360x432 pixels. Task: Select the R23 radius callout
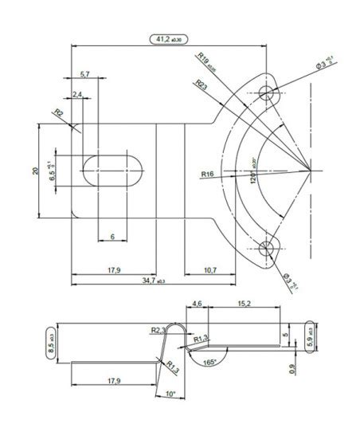coord(200,85)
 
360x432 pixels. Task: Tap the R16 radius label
coord(209,172)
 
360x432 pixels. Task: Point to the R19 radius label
coord(207,60)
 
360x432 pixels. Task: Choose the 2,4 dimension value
coord(77,95)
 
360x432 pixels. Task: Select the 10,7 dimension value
coord(209,270)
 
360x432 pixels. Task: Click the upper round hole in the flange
coord(266,93)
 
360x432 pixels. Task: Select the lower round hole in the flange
coord(266,248)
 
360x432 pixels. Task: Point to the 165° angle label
coord(208,362)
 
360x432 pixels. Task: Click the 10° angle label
coord(170,394)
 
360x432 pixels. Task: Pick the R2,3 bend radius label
coord(156,329)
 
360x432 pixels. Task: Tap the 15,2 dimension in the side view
coord(245,304)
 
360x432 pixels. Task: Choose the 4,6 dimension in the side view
coord(198,304)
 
